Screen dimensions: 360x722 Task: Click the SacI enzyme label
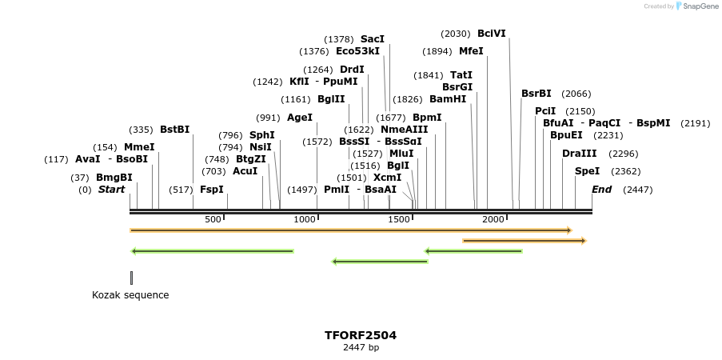pos(373,39)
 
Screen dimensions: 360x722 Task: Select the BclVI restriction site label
pos(491,34)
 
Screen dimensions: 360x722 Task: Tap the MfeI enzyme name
pos(471,51)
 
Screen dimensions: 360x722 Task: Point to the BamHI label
pos(448,99)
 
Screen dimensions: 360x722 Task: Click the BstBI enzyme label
pos(174,130)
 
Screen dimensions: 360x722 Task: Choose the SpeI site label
pos(587,171)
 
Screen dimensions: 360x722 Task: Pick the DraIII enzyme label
pos(579,154)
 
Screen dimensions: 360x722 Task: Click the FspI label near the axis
pos(212,190)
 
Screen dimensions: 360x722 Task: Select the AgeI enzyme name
pos(300,118)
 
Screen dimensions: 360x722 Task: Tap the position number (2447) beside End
pos(638,190)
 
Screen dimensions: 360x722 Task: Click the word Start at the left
pos(112,190)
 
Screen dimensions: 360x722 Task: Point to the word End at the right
pos(601,190)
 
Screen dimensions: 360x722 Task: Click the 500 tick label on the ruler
pos(213,220)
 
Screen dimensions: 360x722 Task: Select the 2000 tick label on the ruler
pos(493,220)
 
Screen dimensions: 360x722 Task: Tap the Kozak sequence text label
pos(130,295)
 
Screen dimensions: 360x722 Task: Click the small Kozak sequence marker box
pos(131,278)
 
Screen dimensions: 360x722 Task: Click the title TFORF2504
pos(361,335)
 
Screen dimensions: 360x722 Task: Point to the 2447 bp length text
pos(361,347)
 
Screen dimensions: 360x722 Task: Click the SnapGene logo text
pos(700,6)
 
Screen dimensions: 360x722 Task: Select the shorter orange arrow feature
pos(525,241)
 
